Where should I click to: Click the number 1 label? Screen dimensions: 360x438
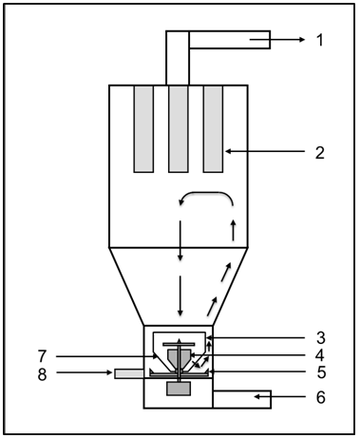point(320,40)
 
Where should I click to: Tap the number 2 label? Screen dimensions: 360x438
point(320,153)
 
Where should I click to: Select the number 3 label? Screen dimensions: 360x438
point(321,338)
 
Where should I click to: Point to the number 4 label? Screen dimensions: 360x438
point(320,355)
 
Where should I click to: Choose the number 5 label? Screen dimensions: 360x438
point(321,372)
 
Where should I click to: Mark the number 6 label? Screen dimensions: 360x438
point(321,397)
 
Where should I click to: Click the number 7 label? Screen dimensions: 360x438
point(43,356)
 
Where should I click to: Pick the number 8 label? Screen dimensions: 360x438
point(42,374)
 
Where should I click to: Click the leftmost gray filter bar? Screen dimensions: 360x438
point(143,129)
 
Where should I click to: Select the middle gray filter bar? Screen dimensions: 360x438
point(179,129)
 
